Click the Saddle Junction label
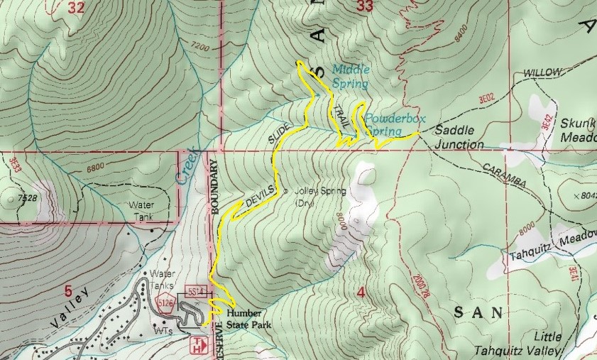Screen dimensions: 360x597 tap(459, 138)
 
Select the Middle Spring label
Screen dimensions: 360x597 tap(350, 76)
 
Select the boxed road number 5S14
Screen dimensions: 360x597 tap(197, 291)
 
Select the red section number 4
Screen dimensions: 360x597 tap(361, 292)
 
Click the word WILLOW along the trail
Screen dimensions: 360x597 tap(543, 72)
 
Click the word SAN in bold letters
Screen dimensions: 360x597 tap(478, 312)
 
